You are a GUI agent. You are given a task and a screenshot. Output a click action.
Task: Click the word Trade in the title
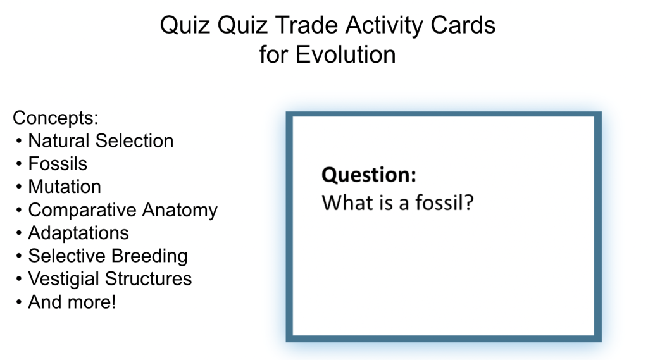click(306, 25)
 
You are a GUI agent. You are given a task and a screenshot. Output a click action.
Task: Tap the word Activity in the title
click(384, 26)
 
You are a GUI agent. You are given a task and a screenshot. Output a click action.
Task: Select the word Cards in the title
click(463, 25)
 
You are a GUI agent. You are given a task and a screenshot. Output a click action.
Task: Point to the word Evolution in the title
click(346, 54)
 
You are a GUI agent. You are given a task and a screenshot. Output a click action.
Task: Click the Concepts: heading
click(56, 118)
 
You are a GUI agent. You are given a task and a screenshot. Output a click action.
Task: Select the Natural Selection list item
click(101, 141)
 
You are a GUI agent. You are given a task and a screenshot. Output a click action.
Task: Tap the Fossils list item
click(58, 164)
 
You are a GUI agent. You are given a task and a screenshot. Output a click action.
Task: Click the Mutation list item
click(65, 187)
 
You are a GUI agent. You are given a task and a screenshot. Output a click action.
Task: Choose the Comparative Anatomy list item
click(123, 211)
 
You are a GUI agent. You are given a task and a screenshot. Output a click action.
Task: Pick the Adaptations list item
click(78, 233)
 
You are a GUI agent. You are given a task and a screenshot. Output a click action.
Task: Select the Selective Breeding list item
click(108, 256)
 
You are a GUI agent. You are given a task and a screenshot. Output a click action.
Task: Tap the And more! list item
click(72, 302)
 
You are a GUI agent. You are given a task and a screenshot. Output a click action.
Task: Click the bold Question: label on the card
click(369, 175)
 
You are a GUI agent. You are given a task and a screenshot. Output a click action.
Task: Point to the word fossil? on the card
click(444, 202)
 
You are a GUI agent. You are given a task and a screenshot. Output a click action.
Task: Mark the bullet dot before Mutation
click(19, 187)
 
